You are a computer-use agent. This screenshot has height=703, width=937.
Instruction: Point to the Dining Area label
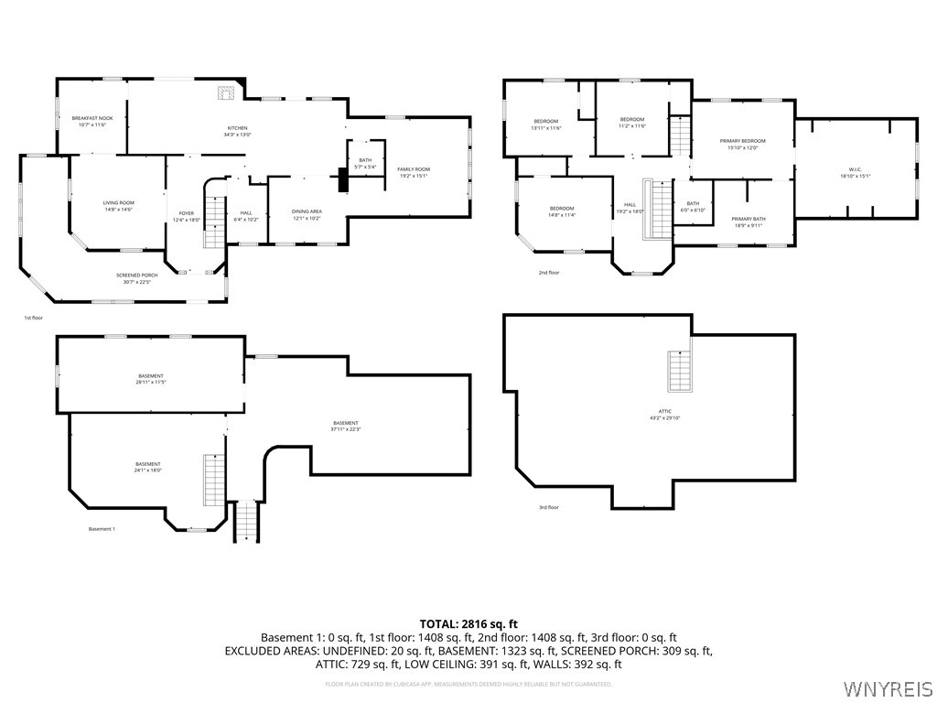pos(307,214)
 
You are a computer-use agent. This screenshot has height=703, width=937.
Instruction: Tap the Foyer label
pos(185,217)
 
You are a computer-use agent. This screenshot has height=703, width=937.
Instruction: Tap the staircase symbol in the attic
pos(679,370)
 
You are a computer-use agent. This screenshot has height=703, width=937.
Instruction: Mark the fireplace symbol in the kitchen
pos(226,92)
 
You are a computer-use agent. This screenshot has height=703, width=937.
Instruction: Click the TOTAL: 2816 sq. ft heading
pos(468,624)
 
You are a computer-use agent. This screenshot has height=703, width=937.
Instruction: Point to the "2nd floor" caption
pos(548,273)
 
